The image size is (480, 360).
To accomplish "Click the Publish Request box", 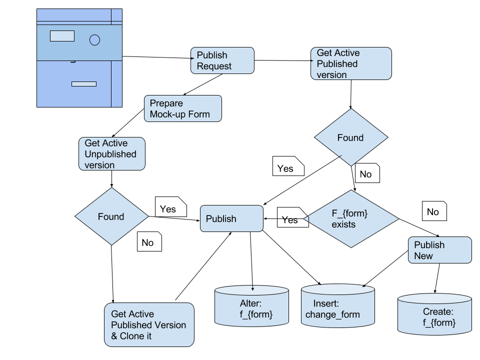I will pos(222,60).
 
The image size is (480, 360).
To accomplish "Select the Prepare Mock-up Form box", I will pos(183,108).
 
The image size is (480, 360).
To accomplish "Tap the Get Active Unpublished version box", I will pos(112,154).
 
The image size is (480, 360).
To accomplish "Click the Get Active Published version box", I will pos(351,63).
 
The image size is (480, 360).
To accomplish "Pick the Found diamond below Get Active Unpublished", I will pos(111,216).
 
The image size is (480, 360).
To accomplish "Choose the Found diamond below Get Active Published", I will pos(351,137).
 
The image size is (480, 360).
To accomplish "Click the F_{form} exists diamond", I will pos(351,218).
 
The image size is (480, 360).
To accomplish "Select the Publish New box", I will pos(440,250).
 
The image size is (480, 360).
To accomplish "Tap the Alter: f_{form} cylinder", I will pos(251,307).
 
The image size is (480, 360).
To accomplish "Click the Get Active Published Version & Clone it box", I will pos(149,325).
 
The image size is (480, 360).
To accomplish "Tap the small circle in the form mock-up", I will pos(94,40).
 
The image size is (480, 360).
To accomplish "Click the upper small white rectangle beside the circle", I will pos(62,36).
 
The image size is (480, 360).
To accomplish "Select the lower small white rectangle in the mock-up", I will pos(84,84).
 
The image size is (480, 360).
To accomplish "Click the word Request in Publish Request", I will pos(214,66).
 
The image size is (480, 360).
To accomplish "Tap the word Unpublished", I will pos(110,154).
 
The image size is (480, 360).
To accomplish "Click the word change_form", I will pos(332,314).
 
